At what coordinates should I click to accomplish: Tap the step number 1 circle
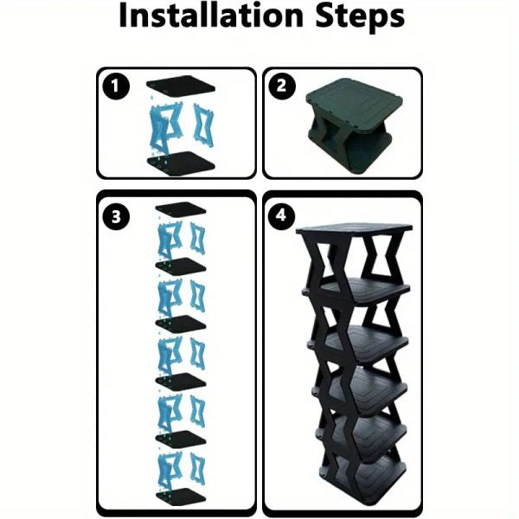pyautogui.click(x=116, y=87)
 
